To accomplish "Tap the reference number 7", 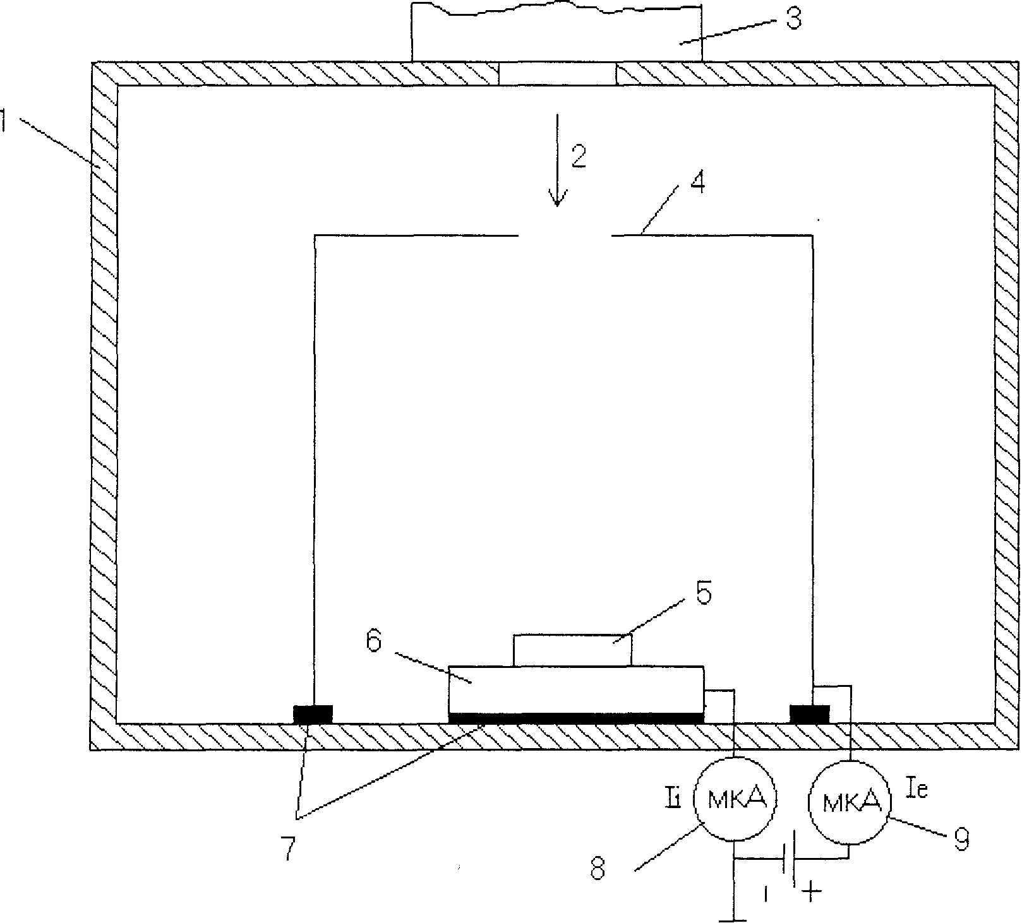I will click(288, 849).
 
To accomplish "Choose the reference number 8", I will click(598, 870).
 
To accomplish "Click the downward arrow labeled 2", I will click(557, 161).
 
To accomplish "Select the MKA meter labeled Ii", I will click(735, 799).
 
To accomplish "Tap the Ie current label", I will click(917, 789).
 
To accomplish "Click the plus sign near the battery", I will click(812, 891).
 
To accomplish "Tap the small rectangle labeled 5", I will click(572, 650).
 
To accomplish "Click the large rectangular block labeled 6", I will click(575, 689).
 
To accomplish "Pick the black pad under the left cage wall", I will click(313, 714).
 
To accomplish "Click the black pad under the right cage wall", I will click(809, 714).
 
